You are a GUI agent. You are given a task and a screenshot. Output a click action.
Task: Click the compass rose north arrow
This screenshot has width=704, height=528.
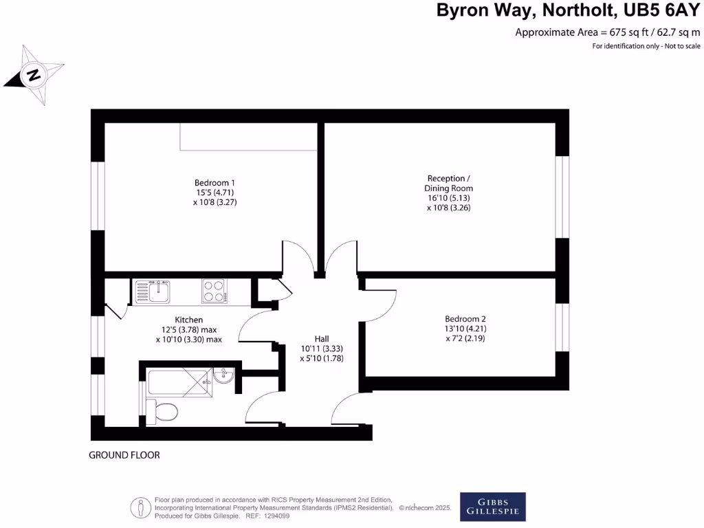pos(34,74)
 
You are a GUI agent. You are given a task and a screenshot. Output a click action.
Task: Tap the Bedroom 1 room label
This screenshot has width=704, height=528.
pos(214,182)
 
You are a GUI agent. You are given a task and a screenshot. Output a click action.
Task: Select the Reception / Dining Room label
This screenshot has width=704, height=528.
pos(450,183)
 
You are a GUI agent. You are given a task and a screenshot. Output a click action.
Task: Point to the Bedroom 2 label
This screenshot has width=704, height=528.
pos(465,319)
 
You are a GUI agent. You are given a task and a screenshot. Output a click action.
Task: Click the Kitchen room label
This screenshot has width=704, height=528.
pos(188,320)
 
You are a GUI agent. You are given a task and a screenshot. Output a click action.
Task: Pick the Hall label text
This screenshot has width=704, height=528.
pos(321,339)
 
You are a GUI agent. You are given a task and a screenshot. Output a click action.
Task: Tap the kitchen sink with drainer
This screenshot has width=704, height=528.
pos(153,291)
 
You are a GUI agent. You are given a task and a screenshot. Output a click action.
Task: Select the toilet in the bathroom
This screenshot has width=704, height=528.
pos(164,411)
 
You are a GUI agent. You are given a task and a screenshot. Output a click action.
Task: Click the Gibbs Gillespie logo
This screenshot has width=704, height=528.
pos(493,507)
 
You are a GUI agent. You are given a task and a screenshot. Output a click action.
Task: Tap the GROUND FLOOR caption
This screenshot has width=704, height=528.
pos(124,455)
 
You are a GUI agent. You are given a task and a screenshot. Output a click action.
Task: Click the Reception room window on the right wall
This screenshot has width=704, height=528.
pos(562,197)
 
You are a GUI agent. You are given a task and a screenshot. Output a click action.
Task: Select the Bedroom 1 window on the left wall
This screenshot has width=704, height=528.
pos(98,196)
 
